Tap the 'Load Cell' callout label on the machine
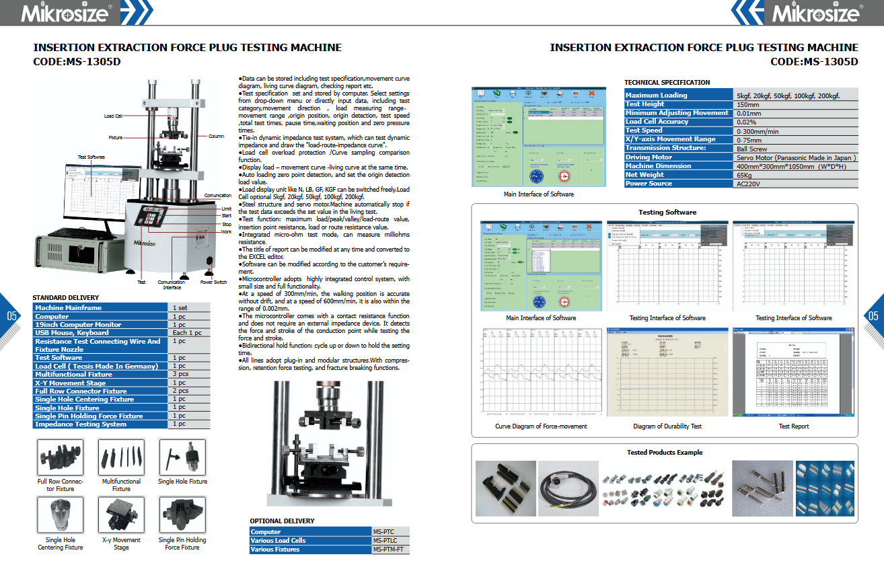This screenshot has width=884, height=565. coord(113,116)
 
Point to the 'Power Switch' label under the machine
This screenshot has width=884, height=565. coord(213,282)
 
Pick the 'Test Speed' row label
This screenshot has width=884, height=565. coord(644,130)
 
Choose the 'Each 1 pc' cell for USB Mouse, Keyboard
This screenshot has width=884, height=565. coord(186,333)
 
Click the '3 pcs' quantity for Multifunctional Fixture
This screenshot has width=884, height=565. coord(180,374)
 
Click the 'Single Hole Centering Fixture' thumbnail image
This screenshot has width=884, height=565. coord(60,515)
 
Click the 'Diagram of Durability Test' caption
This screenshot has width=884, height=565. coord(667,426)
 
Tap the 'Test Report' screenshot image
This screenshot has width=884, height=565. coord(794,372)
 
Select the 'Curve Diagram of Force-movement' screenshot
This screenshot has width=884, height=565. coord(541,372)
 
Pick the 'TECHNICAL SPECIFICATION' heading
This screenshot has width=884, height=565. coord(667,83)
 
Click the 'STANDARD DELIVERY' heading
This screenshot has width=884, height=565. coord(66,298)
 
